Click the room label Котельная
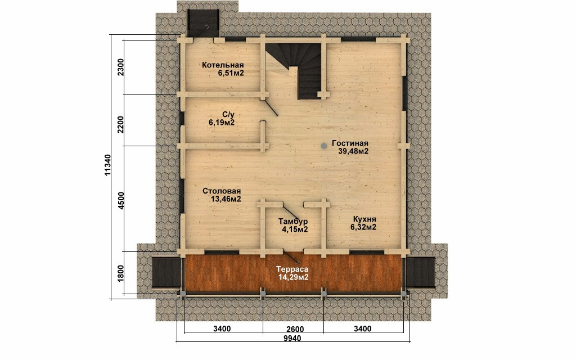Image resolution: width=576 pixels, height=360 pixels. [223, 65]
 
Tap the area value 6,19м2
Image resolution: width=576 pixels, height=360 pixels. [222, 123]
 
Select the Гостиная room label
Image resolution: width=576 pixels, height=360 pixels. [350, 143]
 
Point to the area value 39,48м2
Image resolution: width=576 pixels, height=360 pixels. [350, 151]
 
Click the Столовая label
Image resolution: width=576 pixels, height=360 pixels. [222, 191]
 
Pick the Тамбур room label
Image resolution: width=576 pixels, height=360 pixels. [292, 222]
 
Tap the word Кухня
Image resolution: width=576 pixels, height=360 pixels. [364, 219]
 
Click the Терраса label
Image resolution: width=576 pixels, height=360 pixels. [292, 269]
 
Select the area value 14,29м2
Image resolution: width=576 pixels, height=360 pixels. [294, 277]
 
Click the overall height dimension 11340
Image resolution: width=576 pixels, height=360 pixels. [107, 165]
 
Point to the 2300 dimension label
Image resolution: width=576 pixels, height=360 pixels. [121, 67]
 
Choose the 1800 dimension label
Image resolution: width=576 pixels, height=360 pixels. [121, 273]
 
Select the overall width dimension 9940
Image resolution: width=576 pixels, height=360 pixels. [292, 338]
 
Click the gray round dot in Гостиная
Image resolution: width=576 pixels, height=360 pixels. [323, 146]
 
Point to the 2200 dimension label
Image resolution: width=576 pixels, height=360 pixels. [121, 125]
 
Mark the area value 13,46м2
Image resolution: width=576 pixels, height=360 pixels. [226, 199]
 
